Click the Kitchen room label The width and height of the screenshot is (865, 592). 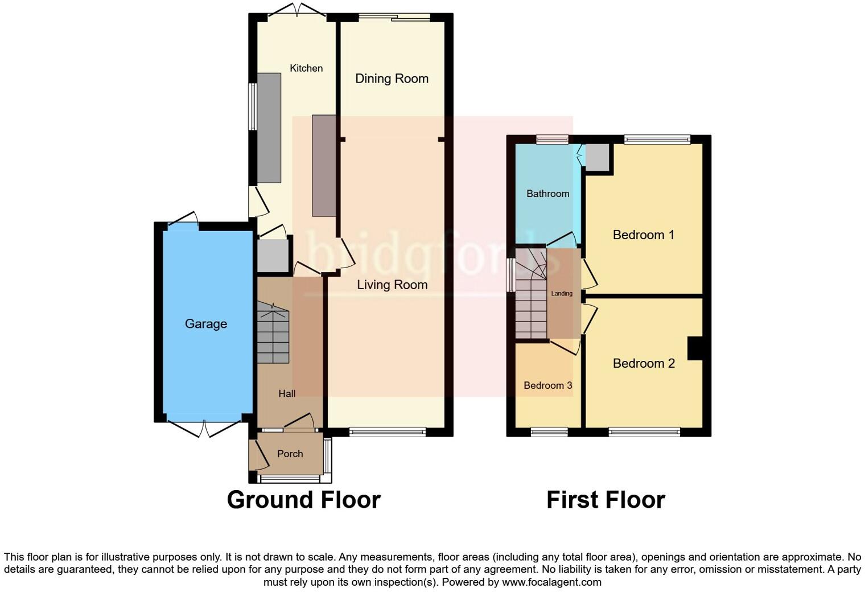[306, 68]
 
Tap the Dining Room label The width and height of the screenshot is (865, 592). [392, 79]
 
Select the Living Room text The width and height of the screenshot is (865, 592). [392, 285]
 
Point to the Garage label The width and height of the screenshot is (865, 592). [206, 324]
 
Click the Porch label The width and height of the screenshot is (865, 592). [290, 454]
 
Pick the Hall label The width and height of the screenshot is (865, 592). [287, 393]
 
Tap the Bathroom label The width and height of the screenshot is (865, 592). [547, 194]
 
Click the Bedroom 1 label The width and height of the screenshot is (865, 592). [643, 235]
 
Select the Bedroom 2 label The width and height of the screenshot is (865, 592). [643, 363]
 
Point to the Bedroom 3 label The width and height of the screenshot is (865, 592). [547, 385]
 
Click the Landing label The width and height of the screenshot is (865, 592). [562, 294]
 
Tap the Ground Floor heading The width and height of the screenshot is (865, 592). [303, 500]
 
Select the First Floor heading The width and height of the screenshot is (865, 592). [605, 500]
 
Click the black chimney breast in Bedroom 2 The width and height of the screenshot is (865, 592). [695, 348]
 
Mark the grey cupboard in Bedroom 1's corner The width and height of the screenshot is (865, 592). [597, 158]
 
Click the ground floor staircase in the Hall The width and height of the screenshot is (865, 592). [273, 333]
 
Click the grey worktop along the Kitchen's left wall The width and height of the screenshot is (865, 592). [269, 128]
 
